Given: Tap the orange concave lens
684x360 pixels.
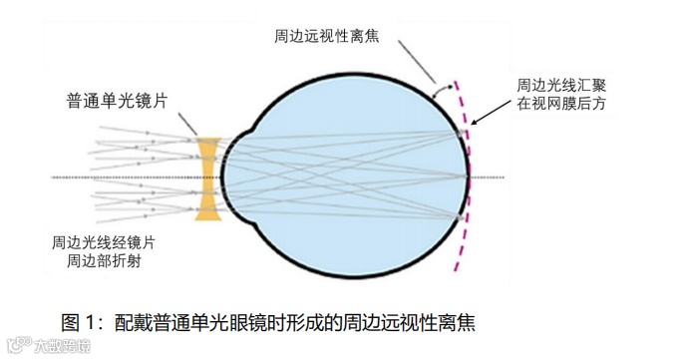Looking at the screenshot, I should pyautogui.click(x=207, y=179).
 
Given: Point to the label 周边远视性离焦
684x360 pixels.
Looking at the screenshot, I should pyautogui.click(x=334, y=34).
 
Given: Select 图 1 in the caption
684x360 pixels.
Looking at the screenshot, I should pyautogui.click(x=82, y=322).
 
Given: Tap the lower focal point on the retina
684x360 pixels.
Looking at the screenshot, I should pyautogui.click(x=460, y=216).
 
